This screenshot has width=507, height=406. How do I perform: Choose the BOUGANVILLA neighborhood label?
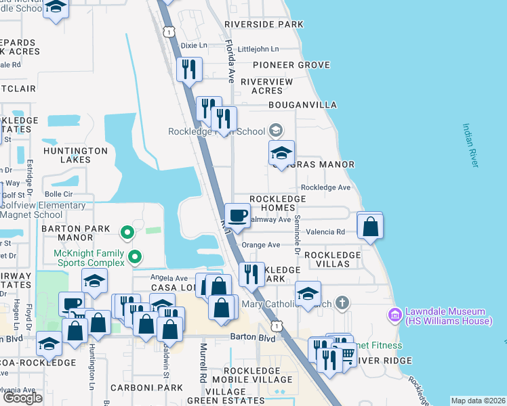point(302,105)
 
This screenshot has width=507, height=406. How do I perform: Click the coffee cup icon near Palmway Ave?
point(237,216)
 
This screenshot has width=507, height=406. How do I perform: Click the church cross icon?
point(343,302)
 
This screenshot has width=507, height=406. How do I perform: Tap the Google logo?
point(22,398)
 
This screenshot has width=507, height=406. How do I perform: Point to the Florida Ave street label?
point(230,61)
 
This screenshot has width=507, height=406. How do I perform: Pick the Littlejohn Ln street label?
point(256,49)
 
